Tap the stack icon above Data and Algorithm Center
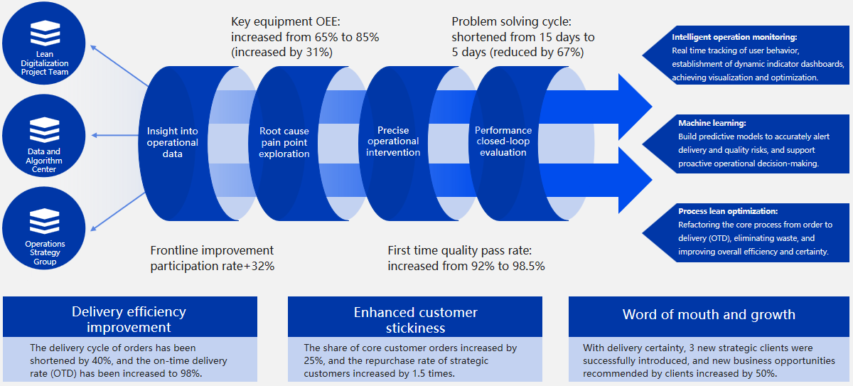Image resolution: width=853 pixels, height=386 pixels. pyautogui.click(x=44, y=129)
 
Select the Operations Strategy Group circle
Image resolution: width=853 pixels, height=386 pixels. pyautogui.click(x=44, y=231)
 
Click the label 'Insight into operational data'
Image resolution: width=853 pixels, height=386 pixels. pyautogui.click(x=173, y=142)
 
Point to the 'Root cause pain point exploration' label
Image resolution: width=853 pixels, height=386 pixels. pyautogui.click(x=284, y=142)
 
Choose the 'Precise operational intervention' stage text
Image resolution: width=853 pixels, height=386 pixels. pyautogui.click(x=393, y=141)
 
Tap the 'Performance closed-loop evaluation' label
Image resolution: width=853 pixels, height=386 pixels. pyautogui.click(x=503, y=141)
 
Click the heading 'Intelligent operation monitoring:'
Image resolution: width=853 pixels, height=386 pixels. pyautogui.click(x=734, y=37)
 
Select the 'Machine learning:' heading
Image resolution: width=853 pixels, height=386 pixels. pyautogui.click(x=712, y=123)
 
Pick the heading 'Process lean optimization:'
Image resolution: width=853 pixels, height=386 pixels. pyautogui.click(x=729, y=211)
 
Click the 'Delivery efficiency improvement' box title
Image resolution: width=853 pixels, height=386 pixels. pyautogui.click(x=129, y=319)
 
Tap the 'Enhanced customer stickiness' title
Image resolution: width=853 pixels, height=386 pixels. pyautogui.click(x=415, y=319)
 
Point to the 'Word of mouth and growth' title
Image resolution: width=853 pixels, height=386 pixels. pyautogui.click(x=709, y=314)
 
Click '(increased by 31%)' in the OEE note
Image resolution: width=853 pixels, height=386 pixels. pyautogui.click(x=282, y=52)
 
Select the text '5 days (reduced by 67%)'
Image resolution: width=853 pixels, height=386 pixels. pyautogui.click(x=517, y=52)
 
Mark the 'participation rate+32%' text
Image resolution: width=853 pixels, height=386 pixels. pyautogui.click(x=213, y=266)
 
